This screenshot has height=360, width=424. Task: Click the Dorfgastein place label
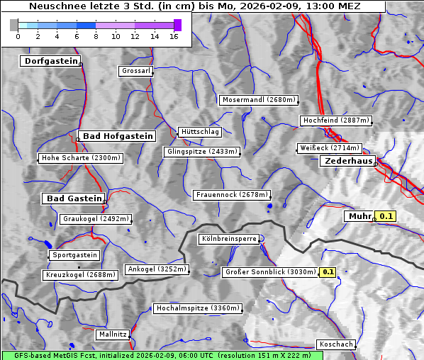click(x=50, y=61)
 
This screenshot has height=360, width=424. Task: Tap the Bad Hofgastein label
click(x=117, y=136)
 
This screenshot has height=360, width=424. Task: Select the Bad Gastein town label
click(x=74, y=198)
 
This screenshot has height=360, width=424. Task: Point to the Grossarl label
click(x=135, y=71)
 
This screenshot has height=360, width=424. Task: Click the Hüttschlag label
click(x=199, y=132)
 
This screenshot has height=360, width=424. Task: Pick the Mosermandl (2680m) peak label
click(x=258, y=100)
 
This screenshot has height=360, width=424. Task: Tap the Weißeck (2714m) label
click(x=329, y=148)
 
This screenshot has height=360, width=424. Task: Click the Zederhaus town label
click(x=347, y=162)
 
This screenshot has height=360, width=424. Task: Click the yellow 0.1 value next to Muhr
click(x=386, y=216)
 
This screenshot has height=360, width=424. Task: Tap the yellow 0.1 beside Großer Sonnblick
click(x=328, y=272)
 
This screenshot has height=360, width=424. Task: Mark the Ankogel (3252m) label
click(x=157, y=269)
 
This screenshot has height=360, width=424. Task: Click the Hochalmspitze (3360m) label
click(x=198, y=308)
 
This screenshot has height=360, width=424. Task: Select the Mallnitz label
click(x=112, y=334)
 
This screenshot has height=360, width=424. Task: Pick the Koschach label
click(x=335, y=344)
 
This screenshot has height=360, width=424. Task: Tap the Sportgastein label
click(x=74, y=255)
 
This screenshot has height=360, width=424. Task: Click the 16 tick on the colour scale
click(x=174, y=36)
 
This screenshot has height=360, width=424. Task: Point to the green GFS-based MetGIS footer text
click(x=157, y=355)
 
